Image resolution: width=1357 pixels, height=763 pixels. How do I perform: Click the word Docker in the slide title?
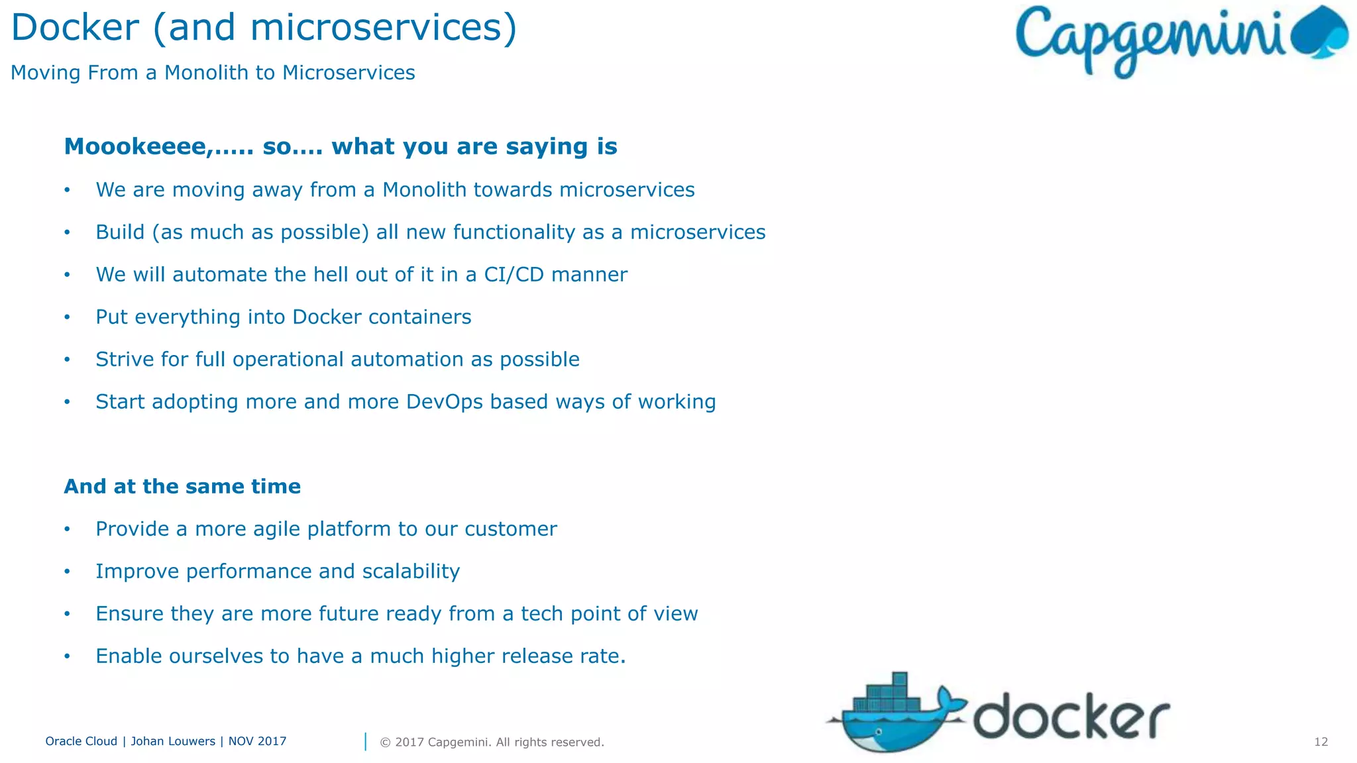pyautogui.click(x=75, y=28)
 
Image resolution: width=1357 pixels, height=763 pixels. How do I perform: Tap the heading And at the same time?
pyautogui.click(x=182, y=486)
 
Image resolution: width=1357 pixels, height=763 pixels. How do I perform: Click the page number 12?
pyautogui.click(x=1321, y=742)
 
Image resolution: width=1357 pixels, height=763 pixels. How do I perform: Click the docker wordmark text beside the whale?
pyautogui.click(x=1071, y=718)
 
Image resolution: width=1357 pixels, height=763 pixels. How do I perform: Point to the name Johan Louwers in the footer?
pyautogui.click(x=173, y=741)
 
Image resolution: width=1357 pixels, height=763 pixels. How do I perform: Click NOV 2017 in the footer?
pyautogui.click(x=257, y=741)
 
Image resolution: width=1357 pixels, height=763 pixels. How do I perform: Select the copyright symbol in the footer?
pyautogui.click(x=385, y=742)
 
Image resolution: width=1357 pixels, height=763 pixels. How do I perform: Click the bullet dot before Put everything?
pyautogui.click(x=67, y=317)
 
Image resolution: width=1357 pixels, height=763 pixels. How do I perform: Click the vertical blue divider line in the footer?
pyautogui.click(x=365, y=742)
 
